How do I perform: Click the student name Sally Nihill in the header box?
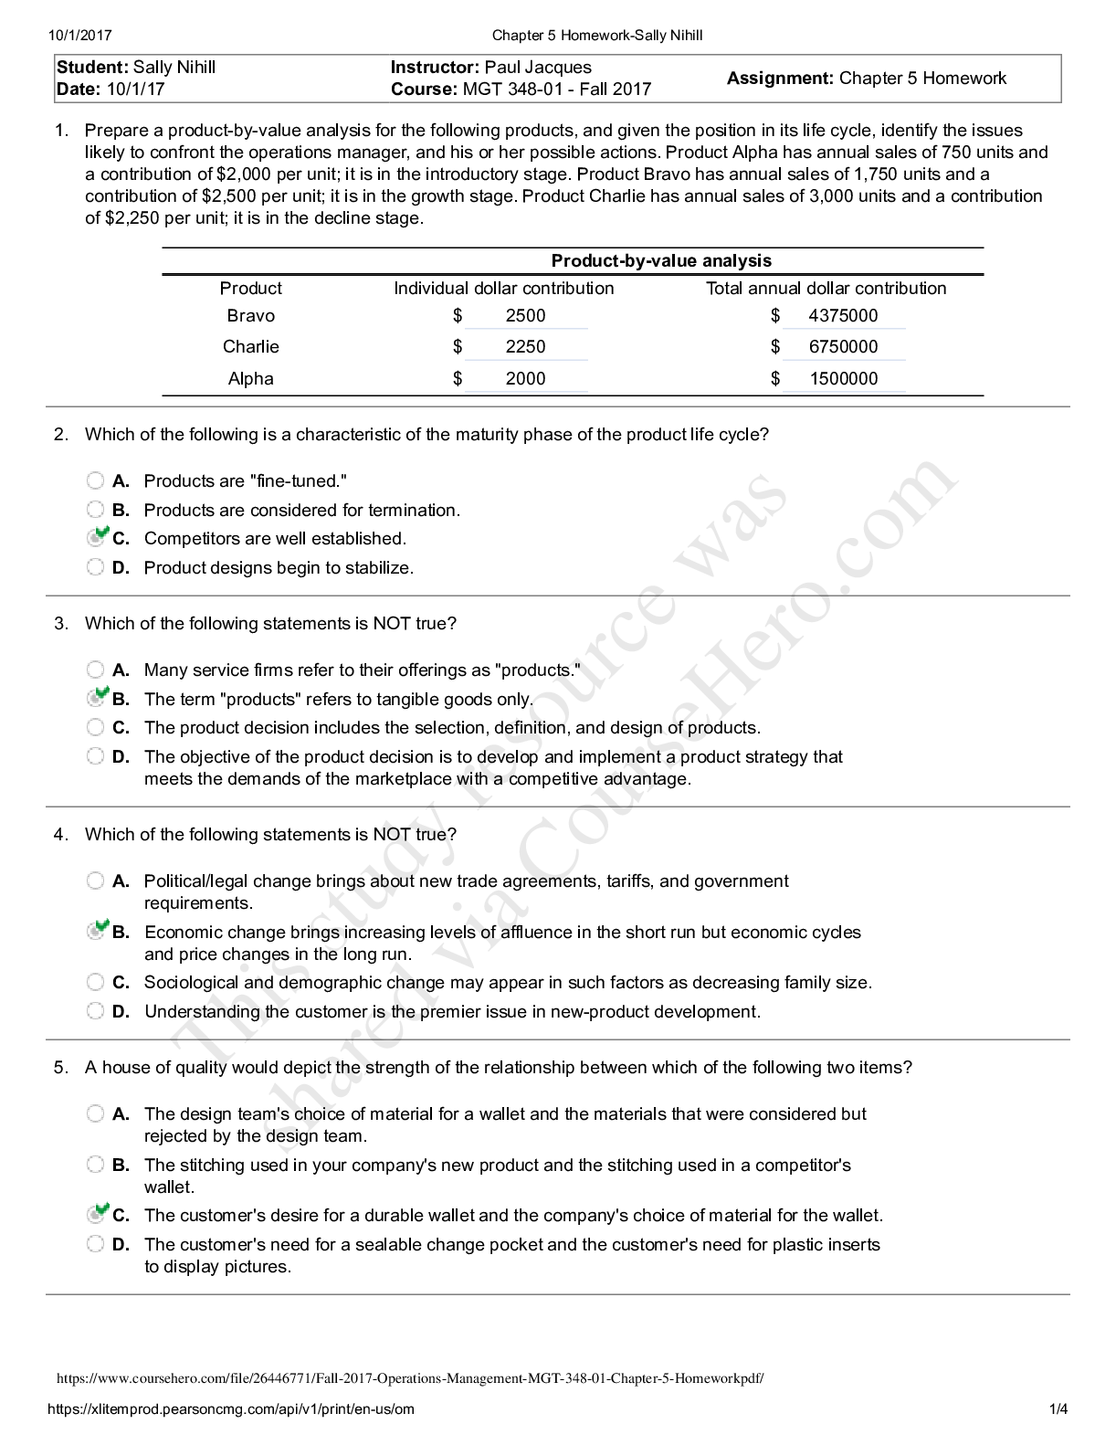(x=174, y=68)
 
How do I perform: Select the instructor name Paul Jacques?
(x=538, y=68)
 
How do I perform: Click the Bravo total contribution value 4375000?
(x=843, y=316)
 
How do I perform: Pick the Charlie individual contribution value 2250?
(x=525, y=347)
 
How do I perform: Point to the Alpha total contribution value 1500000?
(x=843, y=379)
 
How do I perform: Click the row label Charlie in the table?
(x=250, y=347)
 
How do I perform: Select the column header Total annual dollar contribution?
(x=826, y=289)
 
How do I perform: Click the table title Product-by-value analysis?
(x=661, y=261)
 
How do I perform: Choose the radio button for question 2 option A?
(x=95, y=481)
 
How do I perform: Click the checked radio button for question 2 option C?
(x=95, y=538)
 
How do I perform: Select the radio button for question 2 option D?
(x=95, y=567)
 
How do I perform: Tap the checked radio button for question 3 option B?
(x=95, y=699)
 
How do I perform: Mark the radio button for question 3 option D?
(x=95, y=756)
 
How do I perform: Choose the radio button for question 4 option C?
(x=95, y=983)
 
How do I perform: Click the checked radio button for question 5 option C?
(x=95, y=1215)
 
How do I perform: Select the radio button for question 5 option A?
(x=95, y=1113)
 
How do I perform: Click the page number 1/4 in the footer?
(x=1058, y=1409)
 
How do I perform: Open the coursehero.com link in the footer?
(x=410, y=1378)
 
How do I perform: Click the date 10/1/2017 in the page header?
(x=81, y=36)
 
